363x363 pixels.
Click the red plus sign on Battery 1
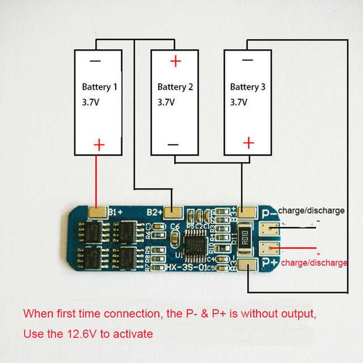point(99,145)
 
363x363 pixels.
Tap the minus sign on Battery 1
point(95,61)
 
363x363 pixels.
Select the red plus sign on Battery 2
point(175,61)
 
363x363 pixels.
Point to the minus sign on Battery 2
point(173,145)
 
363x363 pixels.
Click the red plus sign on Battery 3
point(249,143)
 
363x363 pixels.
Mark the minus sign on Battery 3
point(248,60)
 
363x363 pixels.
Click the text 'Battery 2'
point(175,87)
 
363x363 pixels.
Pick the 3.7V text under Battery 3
point(238,102)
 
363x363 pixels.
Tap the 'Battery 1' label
point(99,87)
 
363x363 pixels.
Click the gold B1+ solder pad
point(97,212)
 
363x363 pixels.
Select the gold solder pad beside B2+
point(173,213)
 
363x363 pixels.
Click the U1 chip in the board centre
point(195,244)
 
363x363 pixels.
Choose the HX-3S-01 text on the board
point(187,267)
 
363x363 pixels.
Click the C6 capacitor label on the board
point(175,226)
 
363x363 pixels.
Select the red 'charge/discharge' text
point(314,263)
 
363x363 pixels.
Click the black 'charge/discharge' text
point(311,211)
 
